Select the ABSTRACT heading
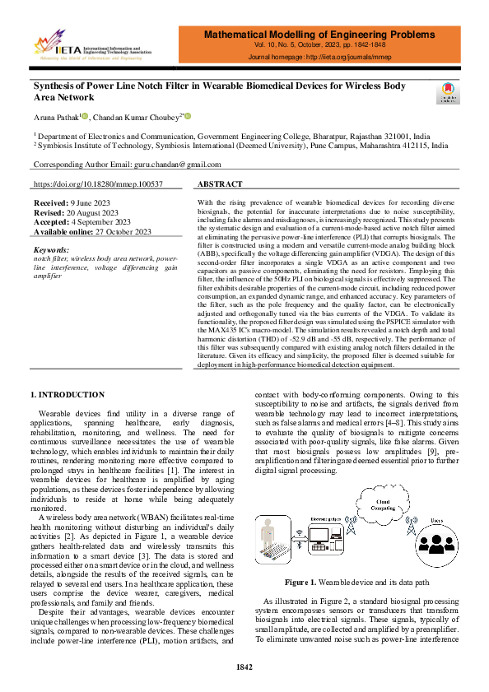pos(221,184)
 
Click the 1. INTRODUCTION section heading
pos(68,395)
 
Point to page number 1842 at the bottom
pos(244,666)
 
